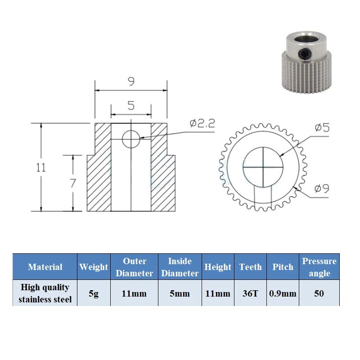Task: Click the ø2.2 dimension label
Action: [x=202, y=123]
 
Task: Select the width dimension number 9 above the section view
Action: [x=131, y=81]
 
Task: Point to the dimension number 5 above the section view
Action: [x=131, y=106]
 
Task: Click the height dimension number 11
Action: [x=41, y=167]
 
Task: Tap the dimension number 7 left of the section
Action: [x=73, y=183]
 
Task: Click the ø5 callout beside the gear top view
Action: [x=322, y=127]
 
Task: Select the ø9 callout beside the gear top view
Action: [x=322, y=189]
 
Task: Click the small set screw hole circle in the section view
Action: [x=131, y=139]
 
